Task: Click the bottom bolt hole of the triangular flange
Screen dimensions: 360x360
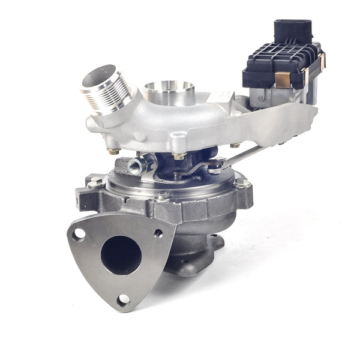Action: pos(123,298)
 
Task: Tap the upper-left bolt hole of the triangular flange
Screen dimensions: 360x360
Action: pos(79,233)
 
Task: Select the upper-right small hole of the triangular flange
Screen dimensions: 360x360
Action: pos(157,233)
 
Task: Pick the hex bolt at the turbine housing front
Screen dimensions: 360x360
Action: pos(161,196)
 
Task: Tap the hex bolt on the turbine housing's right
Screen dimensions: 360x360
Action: pos(242,183)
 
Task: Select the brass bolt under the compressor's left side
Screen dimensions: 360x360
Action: pos(112,151)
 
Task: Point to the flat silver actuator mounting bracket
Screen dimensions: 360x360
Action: pos(282,120)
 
